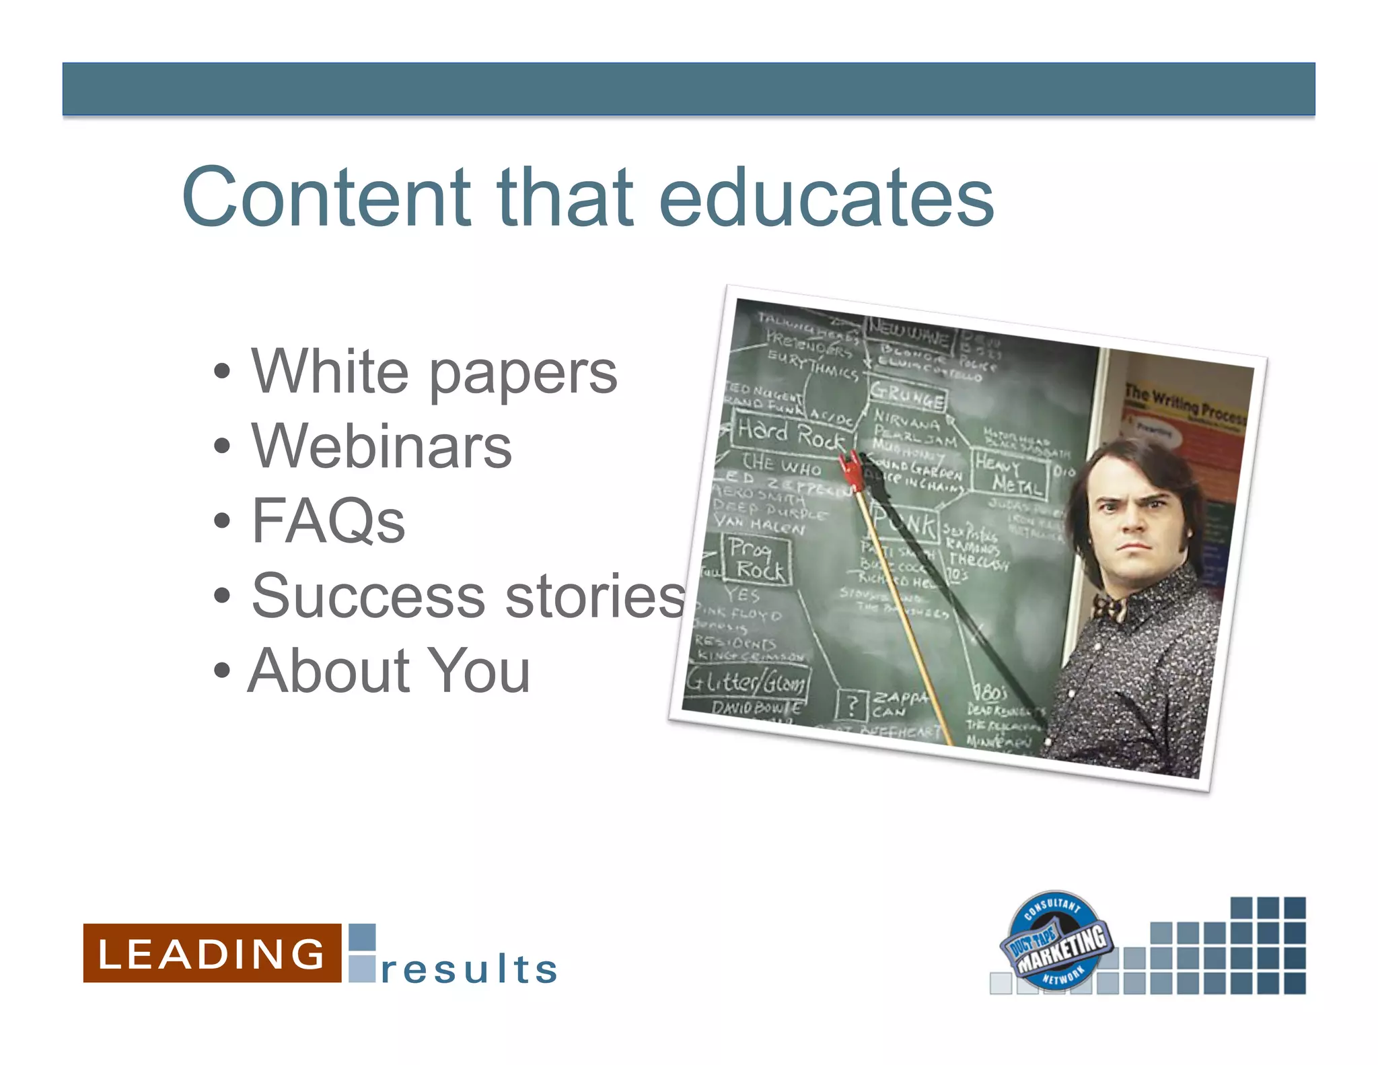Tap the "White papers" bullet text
(x=434, y=372)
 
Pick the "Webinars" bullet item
(x=382, y=446)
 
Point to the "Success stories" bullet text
(x=468, y=596)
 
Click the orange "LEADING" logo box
(x=212, y=953)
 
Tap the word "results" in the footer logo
(x=469, y=969)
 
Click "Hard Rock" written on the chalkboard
(x=790, y=434)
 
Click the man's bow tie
(x=1109, y=608)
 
